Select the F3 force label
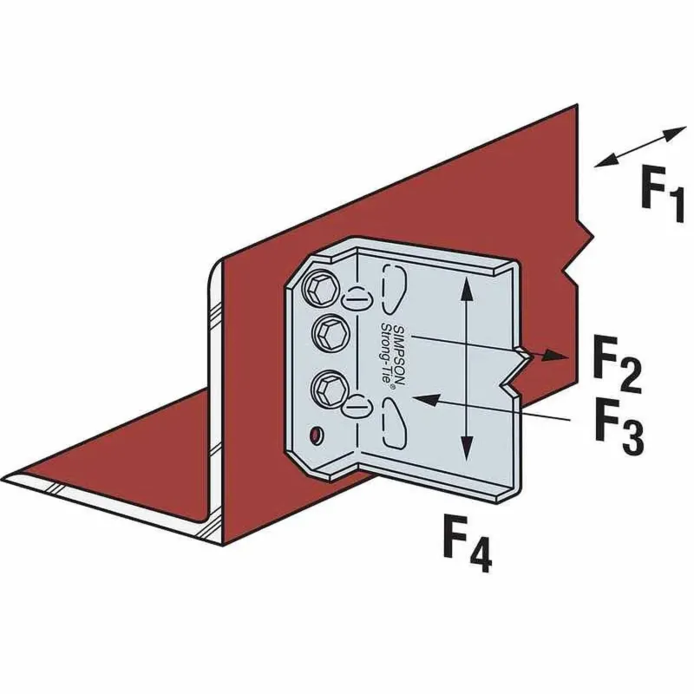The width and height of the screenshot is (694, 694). pyautogui.click(x=618, y=428)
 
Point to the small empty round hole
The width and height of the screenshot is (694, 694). pyautogui.click(x=317, y=433)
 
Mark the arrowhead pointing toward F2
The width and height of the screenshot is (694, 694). pyautogui.click(x=555, y=355)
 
